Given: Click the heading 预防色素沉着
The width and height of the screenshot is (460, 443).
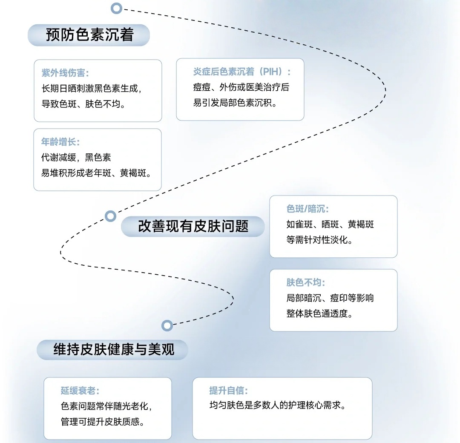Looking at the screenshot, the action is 89,35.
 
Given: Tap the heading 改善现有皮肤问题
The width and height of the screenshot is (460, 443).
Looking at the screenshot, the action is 193,226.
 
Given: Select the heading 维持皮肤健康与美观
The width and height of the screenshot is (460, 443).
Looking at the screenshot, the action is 114,350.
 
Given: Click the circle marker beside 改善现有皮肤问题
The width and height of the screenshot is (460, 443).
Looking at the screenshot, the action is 110,216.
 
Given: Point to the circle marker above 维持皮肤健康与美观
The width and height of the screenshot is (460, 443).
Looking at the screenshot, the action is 167,326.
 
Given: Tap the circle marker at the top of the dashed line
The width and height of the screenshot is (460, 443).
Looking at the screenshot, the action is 116,8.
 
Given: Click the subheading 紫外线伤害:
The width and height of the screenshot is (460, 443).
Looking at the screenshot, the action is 65,73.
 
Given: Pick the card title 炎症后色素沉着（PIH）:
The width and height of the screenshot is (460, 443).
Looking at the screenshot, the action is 242,72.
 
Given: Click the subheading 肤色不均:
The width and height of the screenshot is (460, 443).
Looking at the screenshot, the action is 305,282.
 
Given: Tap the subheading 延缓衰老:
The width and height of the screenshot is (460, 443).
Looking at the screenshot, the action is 80,391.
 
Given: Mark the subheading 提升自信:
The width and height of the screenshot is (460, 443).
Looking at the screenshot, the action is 228,391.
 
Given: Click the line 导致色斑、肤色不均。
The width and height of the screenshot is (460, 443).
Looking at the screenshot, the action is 84,104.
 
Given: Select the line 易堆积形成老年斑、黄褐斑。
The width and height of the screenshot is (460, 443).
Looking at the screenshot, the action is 96,173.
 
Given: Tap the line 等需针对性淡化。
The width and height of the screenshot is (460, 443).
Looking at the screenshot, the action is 319,240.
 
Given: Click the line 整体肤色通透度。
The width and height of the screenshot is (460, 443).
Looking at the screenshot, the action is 319,314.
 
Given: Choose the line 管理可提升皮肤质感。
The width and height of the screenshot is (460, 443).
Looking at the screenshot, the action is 102,422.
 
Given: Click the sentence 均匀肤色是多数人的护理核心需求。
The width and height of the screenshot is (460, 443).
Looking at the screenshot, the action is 277,406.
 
